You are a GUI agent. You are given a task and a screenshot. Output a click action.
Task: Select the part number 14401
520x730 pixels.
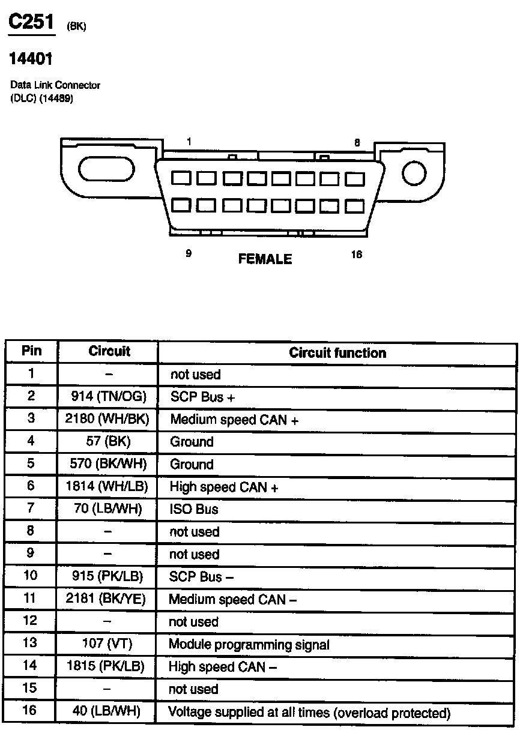(31, 59)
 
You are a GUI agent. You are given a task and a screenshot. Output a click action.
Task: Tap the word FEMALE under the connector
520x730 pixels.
(265, 259)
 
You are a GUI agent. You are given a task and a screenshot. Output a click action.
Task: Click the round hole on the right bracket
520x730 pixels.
(414, 174)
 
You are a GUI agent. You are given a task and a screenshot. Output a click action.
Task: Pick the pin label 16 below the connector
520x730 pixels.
(356, 255)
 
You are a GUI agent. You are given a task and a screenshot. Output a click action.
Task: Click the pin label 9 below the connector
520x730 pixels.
(189, 253)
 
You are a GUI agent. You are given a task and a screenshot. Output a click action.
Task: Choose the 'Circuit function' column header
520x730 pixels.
(337, 352)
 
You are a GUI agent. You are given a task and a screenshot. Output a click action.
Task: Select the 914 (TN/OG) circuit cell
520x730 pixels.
(108, 396)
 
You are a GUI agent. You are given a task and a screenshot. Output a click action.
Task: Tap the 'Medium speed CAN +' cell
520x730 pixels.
(234, 420)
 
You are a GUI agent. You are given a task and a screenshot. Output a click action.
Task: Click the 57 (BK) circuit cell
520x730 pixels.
(108, 441)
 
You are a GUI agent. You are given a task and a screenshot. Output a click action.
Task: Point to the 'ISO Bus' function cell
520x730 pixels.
(194, 510)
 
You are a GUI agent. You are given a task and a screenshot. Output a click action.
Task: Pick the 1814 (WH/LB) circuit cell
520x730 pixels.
(108, 486)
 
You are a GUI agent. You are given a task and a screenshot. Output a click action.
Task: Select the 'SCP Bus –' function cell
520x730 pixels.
(201, 577)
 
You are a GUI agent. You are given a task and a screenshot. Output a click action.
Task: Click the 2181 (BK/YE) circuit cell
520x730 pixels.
(108, 599)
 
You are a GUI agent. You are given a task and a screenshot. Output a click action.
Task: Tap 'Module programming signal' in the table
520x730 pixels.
(249, 645)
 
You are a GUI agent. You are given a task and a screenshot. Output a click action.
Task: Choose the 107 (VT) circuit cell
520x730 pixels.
(108, 644)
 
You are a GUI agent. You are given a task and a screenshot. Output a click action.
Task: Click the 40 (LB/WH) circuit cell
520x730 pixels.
(108, 711)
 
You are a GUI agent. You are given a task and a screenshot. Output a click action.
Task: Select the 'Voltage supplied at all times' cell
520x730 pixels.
(309, 713)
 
